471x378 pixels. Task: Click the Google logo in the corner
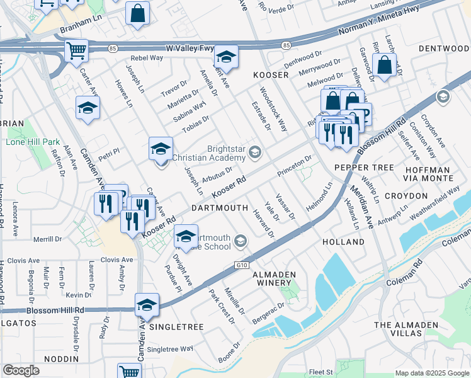(21, 370)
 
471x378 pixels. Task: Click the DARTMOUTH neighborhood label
(220, 207)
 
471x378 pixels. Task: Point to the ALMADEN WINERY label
(282, 279)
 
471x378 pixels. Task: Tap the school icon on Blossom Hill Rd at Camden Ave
(147, 305)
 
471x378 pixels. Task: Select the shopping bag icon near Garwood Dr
(383, 66)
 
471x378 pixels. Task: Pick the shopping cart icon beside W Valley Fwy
(77, 50)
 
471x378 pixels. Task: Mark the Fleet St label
(320, 372)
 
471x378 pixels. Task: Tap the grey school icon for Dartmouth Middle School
(240, 241)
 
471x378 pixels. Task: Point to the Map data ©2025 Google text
(431, 373)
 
